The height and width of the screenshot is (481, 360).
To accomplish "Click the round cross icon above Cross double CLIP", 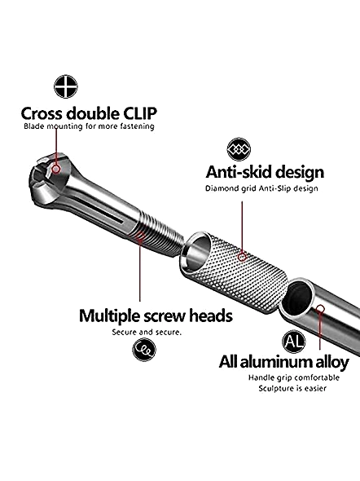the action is click(66, 86).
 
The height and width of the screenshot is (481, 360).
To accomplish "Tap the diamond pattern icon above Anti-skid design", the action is click(239, 149).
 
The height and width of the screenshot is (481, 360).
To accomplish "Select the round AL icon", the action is click(294, 342).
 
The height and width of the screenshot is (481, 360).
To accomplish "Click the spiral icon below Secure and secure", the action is click(144, 350).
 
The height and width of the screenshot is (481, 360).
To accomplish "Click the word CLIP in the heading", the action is click(140, 113).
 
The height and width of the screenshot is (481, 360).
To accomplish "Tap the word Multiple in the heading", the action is click(110, 316).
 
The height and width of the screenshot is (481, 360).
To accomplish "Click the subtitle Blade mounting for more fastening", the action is click(89, 126).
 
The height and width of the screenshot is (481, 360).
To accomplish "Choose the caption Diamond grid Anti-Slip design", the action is click(261, 188).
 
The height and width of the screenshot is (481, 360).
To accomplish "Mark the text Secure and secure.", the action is click(147, 333).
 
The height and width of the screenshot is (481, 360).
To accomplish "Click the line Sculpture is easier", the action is click(292, 388).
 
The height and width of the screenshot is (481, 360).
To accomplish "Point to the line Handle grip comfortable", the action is click(294, 377).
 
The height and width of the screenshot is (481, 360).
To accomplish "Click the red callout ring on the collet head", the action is click(56, 169).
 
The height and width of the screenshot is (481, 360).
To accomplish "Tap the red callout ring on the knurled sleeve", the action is click(242, 257).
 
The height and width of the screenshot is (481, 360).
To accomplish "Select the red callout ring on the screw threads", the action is click(140, 236).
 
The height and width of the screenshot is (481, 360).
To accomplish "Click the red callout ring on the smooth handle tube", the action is click(320, 308).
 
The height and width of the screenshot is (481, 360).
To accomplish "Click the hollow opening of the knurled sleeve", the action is click(196, 253).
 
